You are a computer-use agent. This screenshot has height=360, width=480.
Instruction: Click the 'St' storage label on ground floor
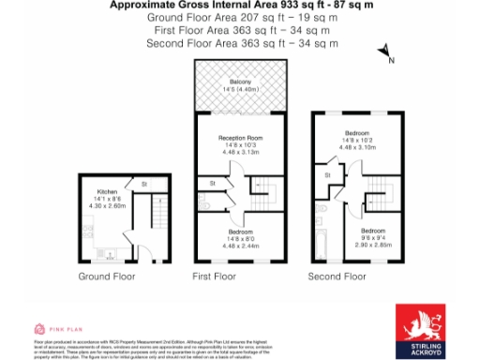(x=143, y=184)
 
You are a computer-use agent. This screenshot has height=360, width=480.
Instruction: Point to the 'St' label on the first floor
(x=213, y=183)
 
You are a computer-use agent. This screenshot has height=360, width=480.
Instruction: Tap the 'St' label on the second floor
(x=327, y=175)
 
